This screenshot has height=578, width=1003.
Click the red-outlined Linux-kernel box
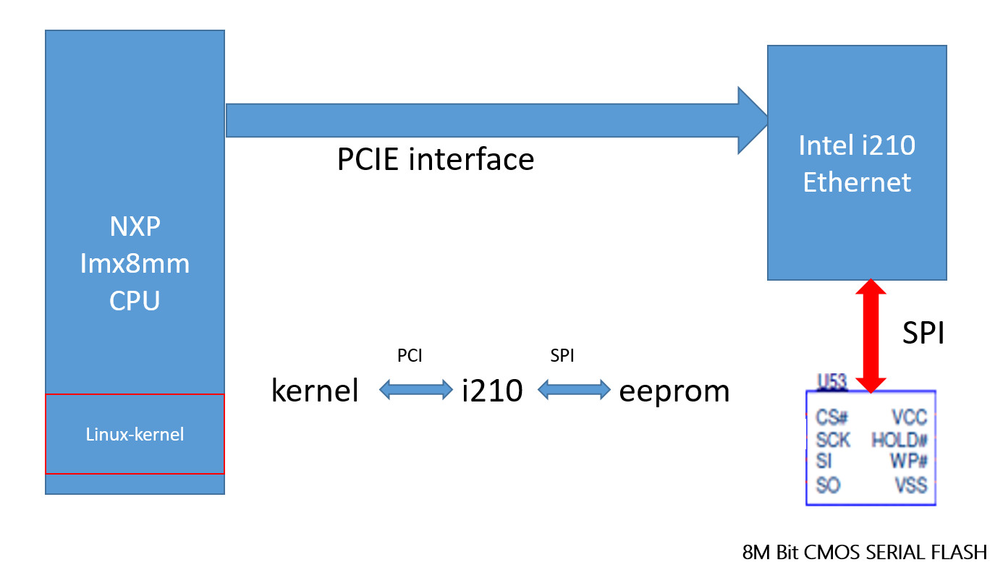(135, 434)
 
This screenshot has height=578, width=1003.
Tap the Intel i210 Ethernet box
(857, 163)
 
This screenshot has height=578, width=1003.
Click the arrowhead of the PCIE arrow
(753, 120)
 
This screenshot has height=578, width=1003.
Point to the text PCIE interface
(435, 159)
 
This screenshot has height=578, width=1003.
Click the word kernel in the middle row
(315, 391)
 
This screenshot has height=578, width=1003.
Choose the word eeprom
(674, 391)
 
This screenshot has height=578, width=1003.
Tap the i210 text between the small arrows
(492, 391)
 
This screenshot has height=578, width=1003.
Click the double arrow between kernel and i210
(415, 391)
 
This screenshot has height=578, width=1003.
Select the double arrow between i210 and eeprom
(574, 391)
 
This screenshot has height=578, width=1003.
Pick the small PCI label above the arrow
(410, 355)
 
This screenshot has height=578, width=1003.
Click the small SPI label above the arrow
(563, 355)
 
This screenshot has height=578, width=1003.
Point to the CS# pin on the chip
(831, 417)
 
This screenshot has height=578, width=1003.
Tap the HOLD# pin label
(900, 440)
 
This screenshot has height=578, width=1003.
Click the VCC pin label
(909, 417)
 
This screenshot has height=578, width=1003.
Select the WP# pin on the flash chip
(908, 461)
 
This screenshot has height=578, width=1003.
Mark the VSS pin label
(910, 485)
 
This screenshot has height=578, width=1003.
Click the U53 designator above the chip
(832, 381)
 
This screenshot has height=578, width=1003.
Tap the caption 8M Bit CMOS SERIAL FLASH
(864, 553)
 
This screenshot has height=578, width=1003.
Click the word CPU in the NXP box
(135, 300)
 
